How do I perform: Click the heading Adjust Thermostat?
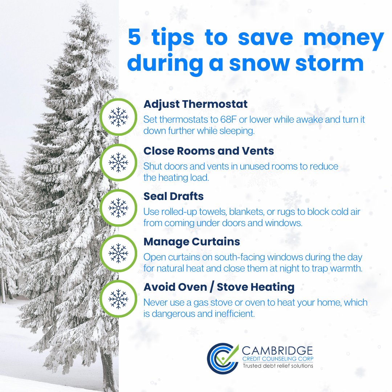coord(195,104)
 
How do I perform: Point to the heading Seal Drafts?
coord(173,196)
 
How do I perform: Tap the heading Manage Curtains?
coord(192,242)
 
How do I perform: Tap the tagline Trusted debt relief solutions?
coord(278,366)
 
